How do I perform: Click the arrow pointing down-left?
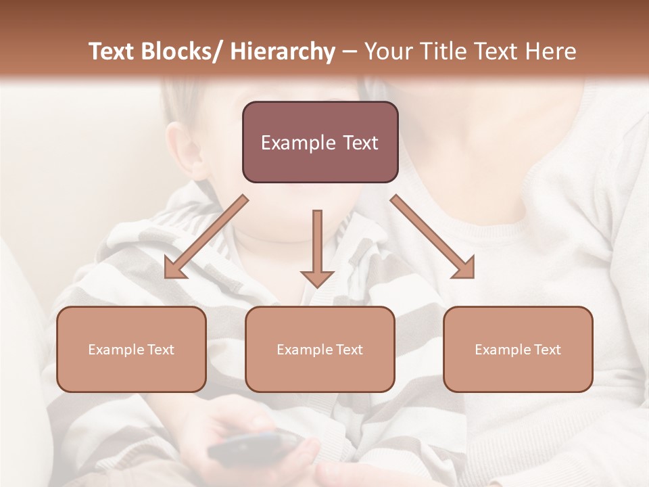(x=205, y=237)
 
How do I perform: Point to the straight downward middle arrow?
(x=317, y=248)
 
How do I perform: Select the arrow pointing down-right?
(x=433, y=237)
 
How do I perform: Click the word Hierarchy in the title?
(x=282, y=51)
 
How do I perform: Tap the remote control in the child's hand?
(x=254, y=446)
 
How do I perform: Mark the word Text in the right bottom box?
(x=546, y=350)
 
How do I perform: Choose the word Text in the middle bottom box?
(x=348, y=350)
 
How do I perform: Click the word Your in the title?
(x=389, y=51)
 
